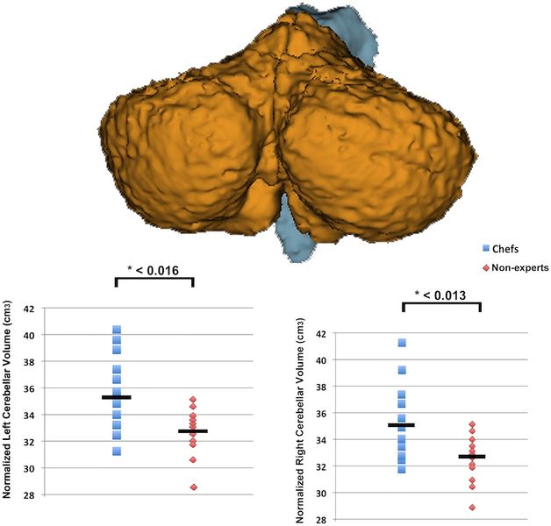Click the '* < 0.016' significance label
[154, 270]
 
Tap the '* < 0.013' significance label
[441, 295]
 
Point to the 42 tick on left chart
[29, 309]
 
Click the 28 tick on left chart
[29, 494]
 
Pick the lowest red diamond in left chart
[192, 487]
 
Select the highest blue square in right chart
[402, 343]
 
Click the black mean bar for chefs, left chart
[117, 397]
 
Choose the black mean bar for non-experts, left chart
[192, 431]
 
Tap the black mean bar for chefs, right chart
[402, 425]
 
